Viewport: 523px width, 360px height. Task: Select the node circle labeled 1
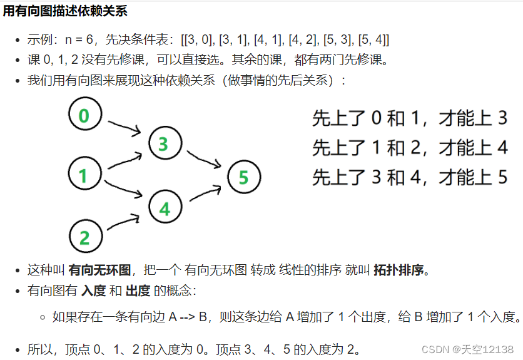(x=83, y=175)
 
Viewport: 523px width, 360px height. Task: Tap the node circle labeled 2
(x=84, y=237)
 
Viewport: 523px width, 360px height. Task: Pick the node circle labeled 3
(x=163, y=145)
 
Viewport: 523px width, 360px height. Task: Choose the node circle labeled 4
(x=165, y=208)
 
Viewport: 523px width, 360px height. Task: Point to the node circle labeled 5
(x=243, y=177)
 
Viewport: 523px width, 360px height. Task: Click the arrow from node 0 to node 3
(x=124, y=127)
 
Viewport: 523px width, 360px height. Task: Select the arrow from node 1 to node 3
(x=124, y=160)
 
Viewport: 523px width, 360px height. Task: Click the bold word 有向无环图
(x=100, y=270)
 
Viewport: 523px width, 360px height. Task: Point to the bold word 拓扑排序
(x=400, y=270)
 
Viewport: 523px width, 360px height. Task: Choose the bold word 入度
(x=93, y=291)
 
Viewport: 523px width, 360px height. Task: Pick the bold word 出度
(x=137, y=291)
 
